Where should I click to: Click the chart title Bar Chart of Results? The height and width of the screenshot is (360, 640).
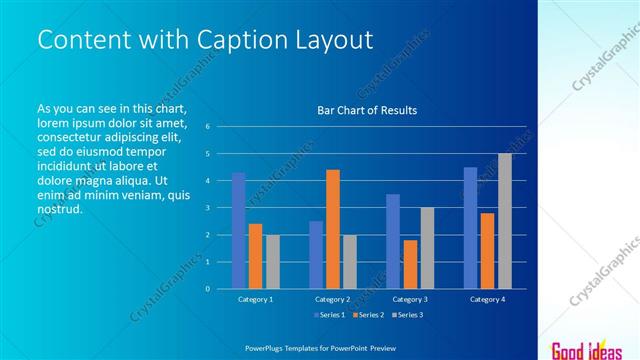click(x=367, y=110)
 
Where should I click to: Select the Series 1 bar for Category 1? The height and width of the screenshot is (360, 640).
click(x=238, y=230)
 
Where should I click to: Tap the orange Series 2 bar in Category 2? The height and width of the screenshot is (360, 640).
click(x=333, y=229)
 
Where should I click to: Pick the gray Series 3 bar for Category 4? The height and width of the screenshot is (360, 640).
click(x=504, y=221)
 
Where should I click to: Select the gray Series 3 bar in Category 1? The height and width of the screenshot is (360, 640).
click(x=273, y=262)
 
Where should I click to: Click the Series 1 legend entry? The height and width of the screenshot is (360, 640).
click(x=332, y=315)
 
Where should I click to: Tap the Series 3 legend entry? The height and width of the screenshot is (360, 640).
click(x=407, y=315)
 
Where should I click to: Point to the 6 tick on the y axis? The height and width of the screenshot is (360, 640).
click(x=207, y=127)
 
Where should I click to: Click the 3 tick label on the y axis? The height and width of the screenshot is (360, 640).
click(x=207, y=208)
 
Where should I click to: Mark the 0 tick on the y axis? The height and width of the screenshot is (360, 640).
click(x=207, y=289)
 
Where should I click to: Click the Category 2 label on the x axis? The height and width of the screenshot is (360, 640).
click(x=333, y=299)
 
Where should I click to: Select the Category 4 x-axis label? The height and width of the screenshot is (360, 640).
click(x=487, y=299)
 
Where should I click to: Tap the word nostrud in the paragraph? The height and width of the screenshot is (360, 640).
click(x=58, y=210)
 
